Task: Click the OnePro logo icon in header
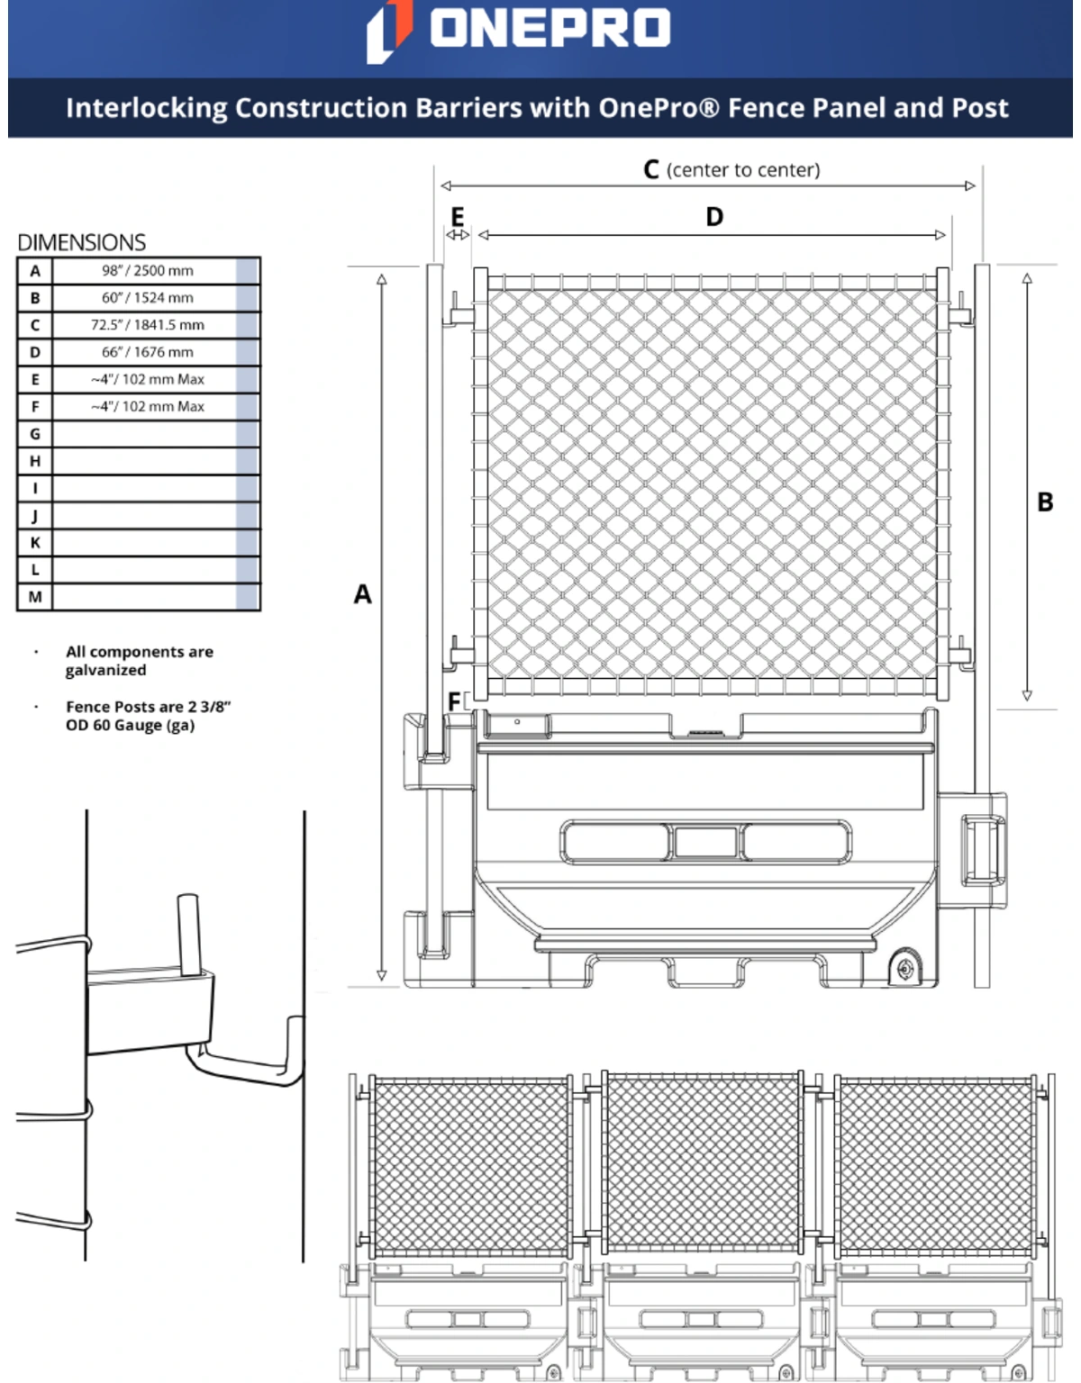point(389,31)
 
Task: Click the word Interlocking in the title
point(146,108)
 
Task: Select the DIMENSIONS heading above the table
point(81,242)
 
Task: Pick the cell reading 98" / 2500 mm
point(147,271)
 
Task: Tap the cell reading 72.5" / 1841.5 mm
point(147,325)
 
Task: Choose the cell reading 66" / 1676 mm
point(147,352)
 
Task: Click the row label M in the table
point(35,597)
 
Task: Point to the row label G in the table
point(35,434)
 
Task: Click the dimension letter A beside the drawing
point(362,594)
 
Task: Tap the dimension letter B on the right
point(1045,502)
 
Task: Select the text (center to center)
point(743,170)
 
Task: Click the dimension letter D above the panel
point(714,217)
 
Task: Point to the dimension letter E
point(458,216)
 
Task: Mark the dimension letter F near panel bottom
point(454,701)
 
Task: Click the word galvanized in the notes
point(105,671)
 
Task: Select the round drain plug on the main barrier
point(904,968)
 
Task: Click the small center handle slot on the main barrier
point(705,843)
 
